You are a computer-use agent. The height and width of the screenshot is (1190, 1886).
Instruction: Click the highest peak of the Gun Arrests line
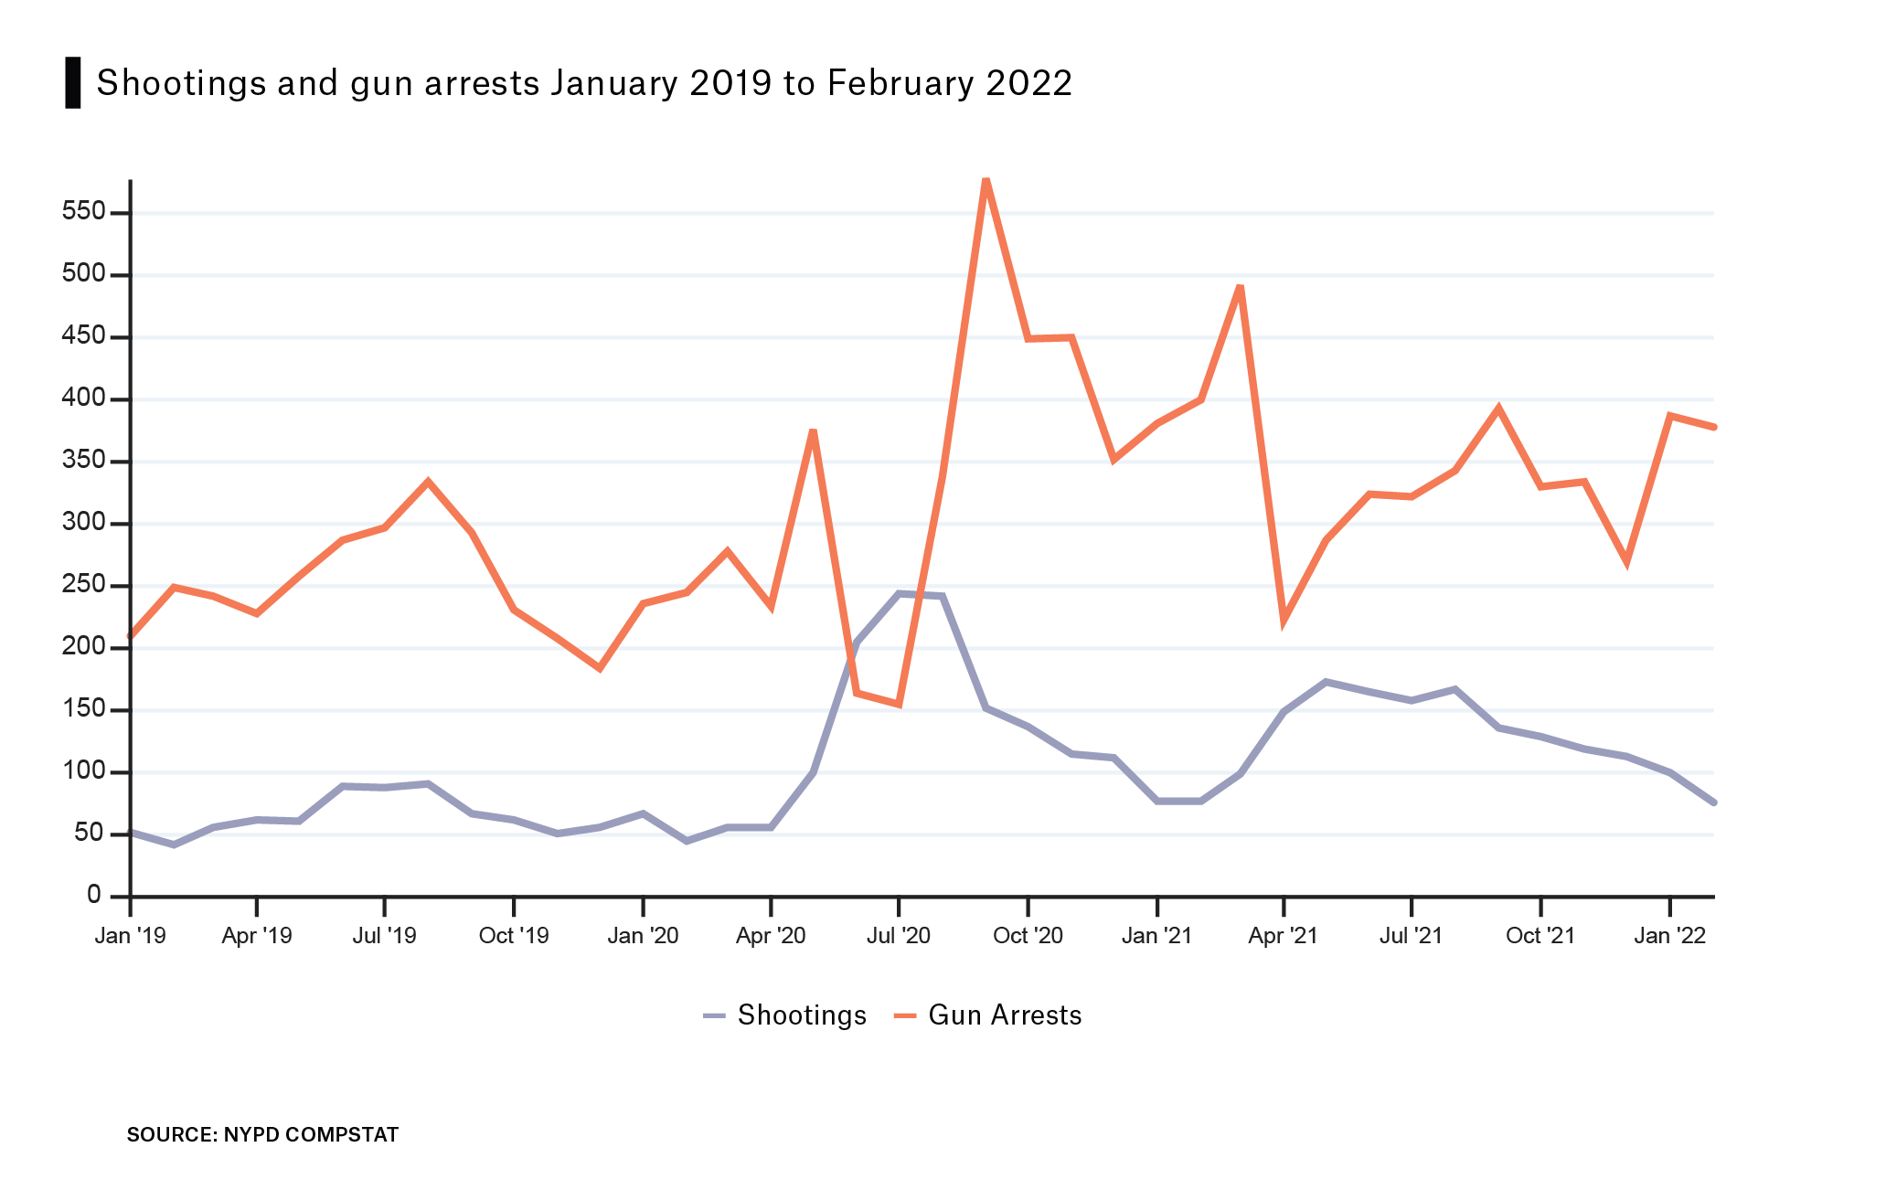coord(986,180)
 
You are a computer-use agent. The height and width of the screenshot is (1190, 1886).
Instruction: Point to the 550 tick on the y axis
coord(83,212)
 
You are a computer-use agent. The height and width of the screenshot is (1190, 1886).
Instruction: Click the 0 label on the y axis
coord(94,895)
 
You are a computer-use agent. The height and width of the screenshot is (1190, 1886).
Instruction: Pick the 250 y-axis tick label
coord(83,585)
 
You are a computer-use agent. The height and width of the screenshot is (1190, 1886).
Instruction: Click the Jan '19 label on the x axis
coord(131,936)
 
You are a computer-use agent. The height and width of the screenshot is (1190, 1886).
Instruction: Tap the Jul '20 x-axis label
coord(900,936)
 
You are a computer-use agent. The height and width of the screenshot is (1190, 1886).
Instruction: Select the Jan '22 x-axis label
coord(1669,936)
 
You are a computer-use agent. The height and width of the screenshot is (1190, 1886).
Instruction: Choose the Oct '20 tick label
coord(1028,936)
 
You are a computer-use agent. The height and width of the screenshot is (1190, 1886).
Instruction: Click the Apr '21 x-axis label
coord(1284,936)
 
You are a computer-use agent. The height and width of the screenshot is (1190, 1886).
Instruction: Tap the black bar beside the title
coord(73,83)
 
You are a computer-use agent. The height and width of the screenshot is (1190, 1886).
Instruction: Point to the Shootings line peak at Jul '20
coord(900,594)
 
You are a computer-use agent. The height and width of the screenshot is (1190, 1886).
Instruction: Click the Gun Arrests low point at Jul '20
coord(900,705)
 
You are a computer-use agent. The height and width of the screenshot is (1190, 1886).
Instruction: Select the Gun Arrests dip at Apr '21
coord(1284,622)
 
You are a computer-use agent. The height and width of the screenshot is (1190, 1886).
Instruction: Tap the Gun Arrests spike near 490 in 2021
coord(1240,287)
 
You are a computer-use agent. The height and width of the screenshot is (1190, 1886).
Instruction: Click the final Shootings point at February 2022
coord(1713,802)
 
